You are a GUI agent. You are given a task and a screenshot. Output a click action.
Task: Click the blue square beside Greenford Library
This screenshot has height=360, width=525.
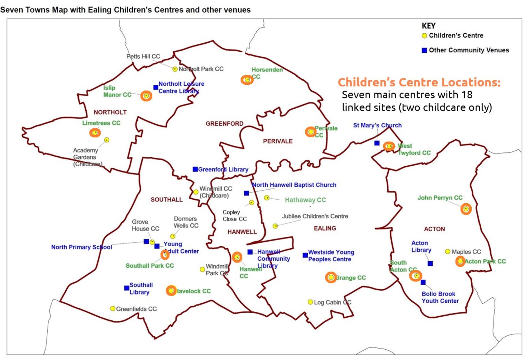pyautogui.click(x=195, y=169)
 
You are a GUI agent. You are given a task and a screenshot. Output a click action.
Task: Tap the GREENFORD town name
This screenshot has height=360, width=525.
pyautogui.click(x=224, y=124)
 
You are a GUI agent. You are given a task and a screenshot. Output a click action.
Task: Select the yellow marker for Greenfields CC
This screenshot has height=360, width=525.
pyautogui.click(x=112, y=309)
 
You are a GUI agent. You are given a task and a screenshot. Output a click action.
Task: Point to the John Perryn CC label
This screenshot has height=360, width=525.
pyautogui.click(x=440, y=198)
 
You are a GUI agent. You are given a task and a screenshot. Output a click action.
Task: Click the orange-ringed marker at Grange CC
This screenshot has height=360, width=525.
pyautogui.click(x=331, y=278)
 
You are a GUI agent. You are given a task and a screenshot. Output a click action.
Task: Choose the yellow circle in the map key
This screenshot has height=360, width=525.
pyautogui.click(x=424, y=36)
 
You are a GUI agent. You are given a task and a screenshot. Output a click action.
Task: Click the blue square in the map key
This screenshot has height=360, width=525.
pyautogui.click(x=424, y=50)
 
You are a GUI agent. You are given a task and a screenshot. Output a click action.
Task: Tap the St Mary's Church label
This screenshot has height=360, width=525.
pyautogui.click(x=377, y=125)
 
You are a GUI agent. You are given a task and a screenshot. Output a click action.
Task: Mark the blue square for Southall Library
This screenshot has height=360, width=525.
pyautogui.click(x=126, y=288)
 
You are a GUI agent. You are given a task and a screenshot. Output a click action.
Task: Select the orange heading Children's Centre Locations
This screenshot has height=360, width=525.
pyautogui.click(x=419, y=82)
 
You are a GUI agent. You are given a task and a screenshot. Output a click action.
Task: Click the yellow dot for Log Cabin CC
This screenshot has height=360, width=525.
pyautogui.click(x=310, y=302)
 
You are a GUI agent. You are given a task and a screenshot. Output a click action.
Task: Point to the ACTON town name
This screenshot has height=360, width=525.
pyautogui.click(x=434, y=229)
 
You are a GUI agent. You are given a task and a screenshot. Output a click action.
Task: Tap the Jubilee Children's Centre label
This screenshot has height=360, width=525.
pyautogui.click(x=315, y=216)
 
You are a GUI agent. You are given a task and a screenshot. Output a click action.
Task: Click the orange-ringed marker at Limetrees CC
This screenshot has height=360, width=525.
pyautogui.click(x=95, y=133)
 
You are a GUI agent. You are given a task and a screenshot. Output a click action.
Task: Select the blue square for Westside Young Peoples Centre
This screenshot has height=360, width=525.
pyautogui.click(x=305, y=255)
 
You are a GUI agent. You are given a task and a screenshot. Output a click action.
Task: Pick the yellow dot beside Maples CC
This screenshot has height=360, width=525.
pyautogui.click(x=447, y=252)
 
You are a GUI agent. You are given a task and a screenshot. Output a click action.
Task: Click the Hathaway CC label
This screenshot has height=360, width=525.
pyautogui.click(x=305, y=200)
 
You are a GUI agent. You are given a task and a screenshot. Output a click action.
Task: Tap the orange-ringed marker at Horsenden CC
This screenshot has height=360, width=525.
pyautogui.click(x=247, y=80)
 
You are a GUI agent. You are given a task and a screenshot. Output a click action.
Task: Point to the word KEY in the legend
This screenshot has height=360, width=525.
pyautogui.click(x=428, y=26)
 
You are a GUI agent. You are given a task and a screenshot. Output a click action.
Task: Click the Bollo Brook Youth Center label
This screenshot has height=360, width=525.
pyautogui.click(x=440, y=297)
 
